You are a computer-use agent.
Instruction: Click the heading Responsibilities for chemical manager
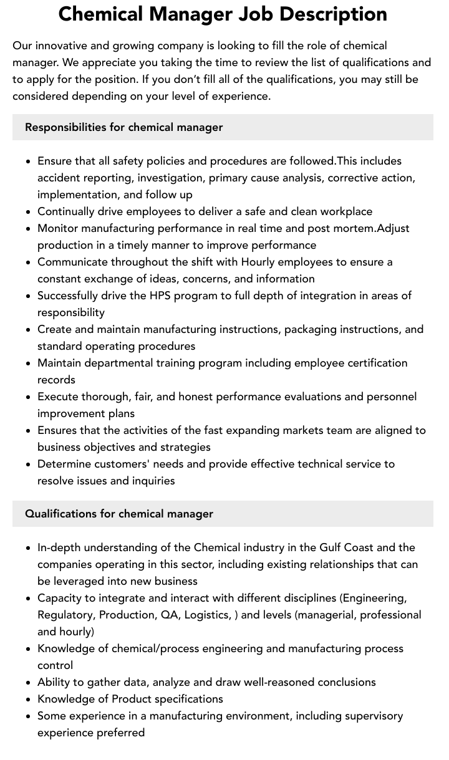(123, 127)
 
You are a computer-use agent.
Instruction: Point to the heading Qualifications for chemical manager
(119, 514)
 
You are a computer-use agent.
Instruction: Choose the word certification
(372, 363)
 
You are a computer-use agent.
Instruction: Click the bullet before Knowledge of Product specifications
(29, 699)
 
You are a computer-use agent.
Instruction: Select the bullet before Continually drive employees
(29, 211)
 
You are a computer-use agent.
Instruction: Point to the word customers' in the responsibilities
(119, 464)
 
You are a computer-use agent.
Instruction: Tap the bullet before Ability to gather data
(29, 682)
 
